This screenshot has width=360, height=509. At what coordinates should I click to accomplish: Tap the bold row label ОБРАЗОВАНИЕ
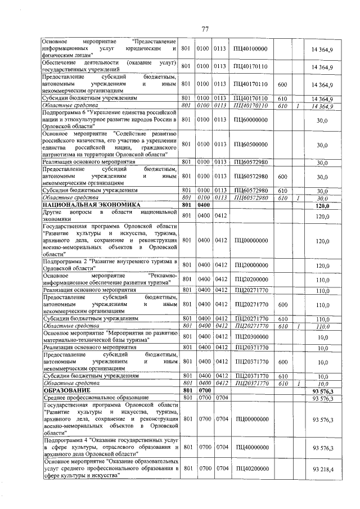pyautogui.click(x=63, y=390)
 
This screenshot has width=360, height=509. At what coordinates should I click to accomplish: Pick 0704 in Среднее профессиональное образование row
pyautogui.click(x=219, y=398)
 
